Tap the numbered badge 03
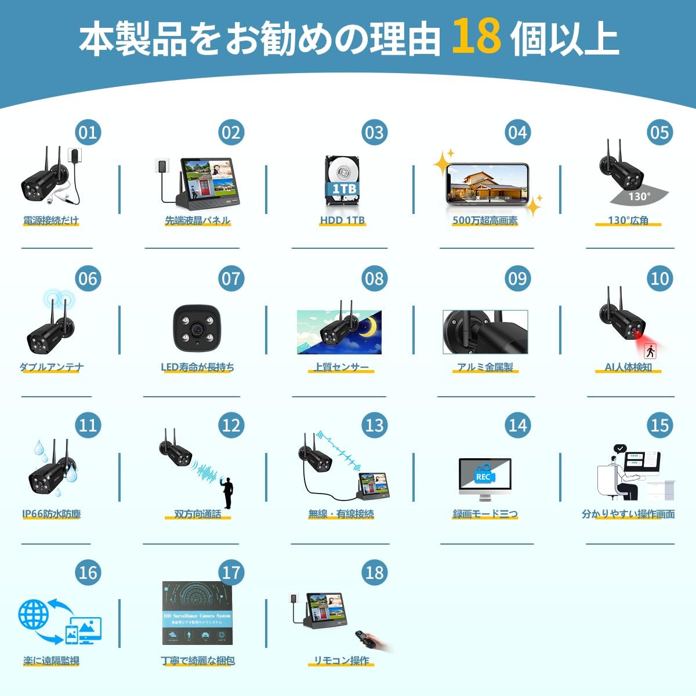(374, 133)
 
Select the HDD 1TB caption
(342, 220)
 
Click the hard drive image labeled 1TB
(343, 180)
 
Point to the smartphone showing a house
(487, 183)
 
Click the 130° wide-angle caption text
(628, 220)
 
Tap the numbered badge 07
(231, 279)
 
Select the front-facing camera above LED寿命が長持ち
(197, 328)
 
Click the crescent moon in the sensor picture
(368, 328)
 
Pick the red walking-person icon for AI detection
(650, 350)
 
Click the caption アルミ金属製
(485, 367)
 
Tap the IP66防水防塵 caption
(52, 514)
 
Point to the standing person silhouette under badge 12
(228, 494)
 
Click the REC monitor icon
(484, 477)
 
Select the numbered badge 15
(659, 426)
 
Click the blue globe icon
(33, 614)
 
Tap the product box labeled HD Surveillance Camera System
(197, 613)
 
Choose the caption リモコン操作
(341, 661)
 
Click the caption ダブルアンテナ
(52, 367)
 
